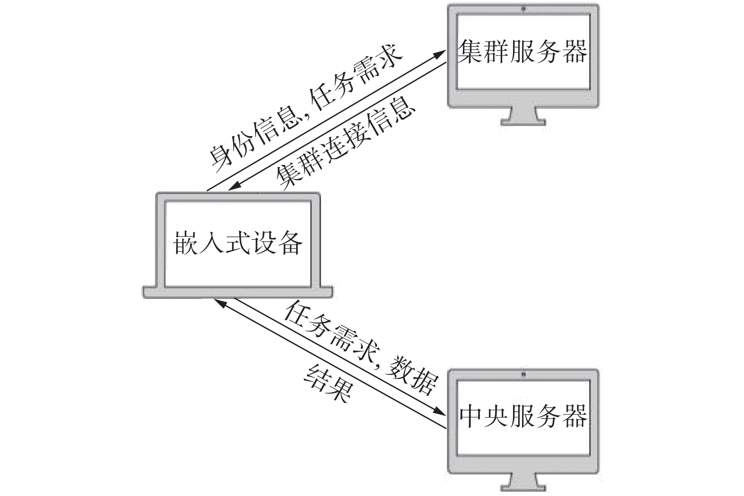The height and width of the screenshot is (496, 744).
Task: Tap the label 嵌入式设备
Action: [x=239, y=244]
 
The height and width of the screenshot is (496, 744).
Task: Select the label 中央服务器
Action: [x=523, y=416]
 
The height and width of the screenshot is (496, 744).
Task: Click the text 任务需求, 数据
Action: [x=361, y=348]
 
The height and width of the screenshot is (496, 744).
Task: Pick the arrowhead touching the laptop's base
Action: [x=219, y=301]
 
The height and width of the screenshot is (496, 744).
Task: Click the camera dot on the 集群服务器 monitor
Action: [x=523, y=9]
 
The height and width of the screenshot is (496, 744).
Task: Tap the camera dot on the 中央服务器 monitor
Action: [x=523, y=375]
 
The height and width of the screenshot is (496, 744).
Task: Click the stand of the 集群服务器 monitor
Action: [x=523, y=116]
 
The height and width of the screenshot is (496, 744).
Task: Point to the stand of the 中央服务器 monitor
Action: [x=523, y=482]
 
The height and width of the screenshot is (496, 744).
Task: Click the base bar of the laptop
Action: [x=238, y=292]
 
